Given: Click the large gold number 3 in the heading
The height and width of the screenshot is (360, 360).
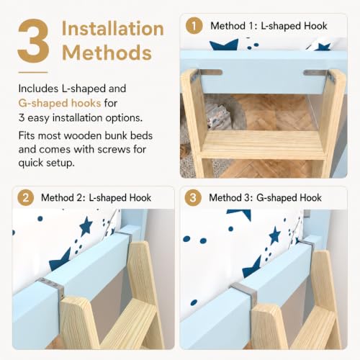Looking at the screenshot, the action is point(33,41).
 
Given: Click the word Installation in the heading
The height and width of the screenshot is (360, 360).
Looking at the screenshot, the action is point(113,29).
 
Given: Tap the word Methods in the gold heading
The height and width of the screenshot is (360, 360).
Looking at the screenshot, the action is point(107,53).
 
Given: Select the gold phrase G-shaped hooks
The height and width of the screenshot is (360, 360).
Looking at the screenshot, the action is point(60,103).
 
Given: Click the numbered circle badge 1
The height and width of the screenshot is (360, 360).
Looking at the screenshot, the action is point(194,25).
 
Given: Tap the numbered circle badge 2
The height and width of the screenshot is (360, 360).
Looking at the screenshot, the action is point(25,197).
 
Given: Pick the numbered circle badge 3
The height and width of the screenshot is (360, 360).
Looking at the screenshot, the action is point(193,197).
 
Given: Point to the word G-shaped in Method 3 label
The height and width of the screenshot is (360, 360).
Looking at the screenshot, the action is point(276,198).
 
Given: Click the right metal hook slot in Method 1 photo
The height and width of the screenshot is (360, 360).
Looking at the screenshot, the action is point(315,73).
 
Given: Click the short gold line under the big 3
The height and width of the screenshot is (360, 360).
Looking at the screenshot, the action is point(33,72).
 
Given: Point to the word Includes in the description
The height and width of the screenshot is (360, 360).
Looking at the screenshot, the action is point(38,89).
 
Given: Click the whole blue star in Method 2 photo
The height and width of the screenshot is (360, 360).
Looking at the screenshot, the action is point(86,226).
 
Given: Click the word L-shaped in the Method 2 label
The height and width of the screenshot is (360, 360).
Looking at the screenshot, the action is point(108,198).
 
